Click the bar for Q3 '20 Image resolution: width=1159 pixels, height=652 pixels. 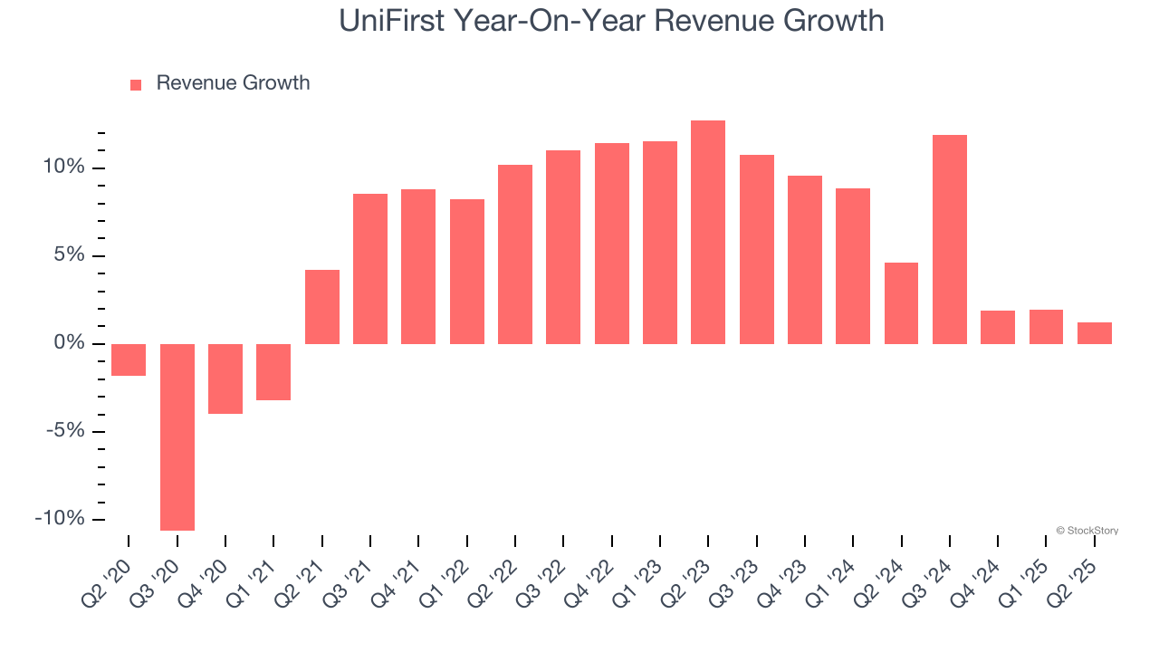point(177,436)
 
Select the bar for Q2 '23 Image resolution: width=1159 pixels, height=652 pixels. point(708,232)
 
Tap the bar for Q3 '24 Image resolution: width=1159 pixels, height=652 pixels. point(950,239)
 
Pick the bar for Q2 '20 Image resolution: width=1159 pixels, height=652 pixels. point(129,360)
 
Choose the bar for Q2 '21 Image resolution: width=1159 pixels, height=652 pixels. point(322,307)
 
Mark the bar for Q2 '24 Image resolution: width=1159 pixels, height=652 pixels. point(901,303)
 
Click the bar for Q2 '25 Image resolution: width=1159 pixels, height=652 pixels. point(1095,333)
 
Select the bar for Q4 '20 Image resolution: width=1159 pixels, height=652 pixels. point(225,379)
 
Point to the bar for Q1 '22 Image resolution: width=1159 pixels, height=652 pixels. point(467,272)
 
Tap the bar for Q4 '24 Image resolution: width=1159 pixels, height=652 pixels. point(998,327)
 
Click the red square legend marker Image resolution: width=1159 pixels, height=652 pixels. point(136,84)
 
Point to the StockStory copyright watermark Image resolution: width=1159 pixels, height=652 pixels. point(1087,531)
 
